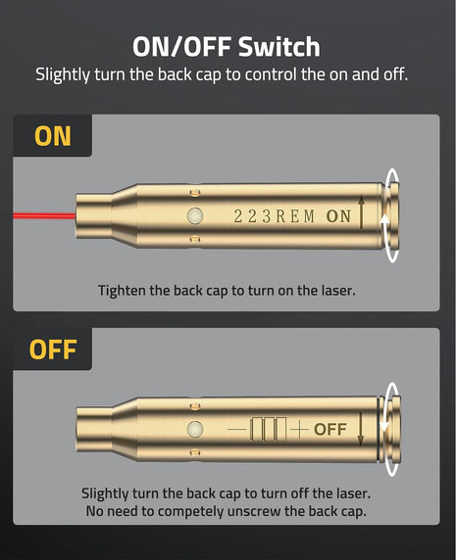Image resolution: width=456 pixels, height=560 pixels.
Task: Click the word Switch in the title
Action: pos(279,47)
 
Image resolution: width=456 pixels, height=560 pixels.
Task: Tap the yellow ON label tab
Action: pos(53,136)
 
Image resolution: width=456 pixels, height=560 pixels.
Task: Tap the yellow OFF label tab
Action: pos(53,350)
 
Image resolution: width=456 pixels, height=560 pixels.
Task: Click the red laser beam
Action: pos(44,215)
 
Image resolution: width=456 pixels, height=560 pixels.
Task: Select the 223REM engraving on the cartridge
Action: pos(275,216)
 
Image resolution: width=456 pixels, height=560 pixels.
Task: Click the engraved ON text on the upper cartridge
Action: pos(338,216)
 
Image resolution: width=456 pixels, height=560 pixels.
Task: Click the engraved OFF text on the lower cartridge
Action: pos(330,429)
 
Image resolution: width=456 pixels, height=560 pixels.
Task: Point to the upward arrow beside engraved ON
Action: pos(361,211)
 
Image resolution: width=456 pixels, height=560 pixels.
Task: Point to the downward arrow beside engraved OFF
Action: pos(361,429)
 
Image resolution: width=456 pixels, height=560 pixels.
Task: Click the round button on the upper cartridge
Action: pos(195,216)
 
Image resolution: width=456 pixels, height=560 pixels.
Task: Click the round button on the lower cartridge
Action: pos(195,429)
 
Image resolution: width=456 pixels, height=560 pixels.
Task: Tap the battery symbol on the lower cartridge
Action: pos(269,429)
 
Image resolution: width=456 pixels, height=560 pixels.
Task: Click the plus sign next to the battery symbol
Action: pos(299,429)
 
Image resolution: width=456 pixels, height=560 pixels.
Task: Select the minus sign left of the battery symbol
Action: pos(236,429)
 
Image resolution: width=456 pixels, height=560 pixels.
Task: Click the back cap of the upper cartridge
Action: pos(391,215)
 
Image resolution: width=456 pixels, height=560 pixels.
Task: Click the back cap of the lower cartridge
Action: pos(391,430)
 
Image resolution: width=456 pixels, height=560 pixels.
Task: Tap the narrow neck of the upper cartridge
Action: pos(94,215)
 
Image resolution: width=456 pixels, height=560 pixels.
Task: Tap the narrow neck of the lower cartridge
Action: pos(94,429)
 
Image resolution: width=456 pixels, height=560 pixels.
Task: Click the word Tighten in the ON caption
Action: pos(122,291)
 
